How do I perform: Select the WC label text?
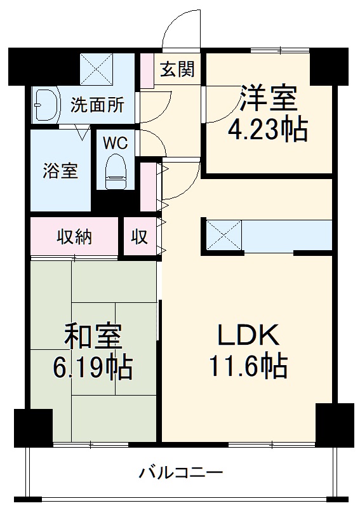tap(116, 143)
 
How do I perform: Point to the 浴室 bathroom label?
tap(60, 171)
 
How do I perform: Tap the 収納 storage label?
tap(74, 237)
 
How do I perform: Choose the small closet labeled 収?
tap(140, 237)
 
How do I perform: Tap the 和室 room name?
tap(93, 337)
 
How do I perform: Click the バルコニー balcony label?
tap(181, 472)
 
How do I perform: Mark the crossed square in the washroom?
tap(97, 69)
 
